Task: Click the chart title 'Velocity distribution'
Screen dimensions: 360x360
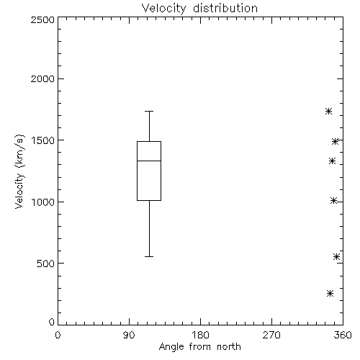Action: click(x=199, y=8)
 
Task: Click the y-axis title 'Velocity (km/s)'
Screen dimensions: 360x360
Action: click(x=19, y=172)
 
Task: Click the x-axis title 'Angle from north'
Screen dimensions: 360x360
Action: click(x=199, y=347)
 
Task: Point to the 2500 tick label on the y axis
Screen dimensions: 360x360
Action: click(x=42, y=19)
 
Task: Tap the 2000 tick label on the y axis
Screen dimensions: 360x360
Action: click(x=42, y=78)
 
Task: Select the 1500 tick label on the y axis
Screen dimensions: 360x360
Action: click(x=42, y=140)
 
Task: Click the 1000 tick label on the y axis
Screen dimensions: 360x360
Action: click(x=42, y=202)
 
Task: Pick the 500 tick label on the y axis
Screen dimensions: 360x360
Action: click(x=46, y=264)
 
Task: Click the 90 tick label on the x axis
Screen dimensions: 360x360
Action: click(x=129, y=335)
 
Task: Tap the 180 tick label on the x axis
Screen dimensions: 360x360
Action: click(x=200, y=335)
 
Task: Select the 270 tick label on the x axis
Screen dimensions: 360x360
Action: click(x=271, y=335)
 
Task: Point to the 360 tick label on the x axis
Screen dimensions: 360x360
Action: click(x=343, y=335)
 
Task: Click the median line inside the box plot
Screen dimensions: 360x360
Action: click(x=149, y=161)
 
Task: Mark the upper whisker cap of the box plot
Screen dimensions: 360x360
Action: click(x=149, y=111)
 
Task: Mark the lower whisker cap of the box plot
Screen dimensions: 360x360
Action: click(x=149, y=256)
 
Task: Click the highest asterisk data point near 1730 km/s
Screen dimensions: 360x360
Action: click(x=328, y=111)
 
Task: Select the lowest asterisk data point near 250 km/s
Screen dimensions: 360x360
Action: click(x=330, y=293)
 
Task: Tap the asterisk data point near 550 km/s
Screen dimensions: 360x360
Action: click(x=336, y=256)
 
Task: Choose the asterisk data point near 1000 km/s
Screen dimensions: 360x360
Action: click(x=333, y=200)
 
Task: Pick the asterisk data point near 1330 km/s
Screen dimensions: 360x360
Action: click(x=332, y=161)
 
